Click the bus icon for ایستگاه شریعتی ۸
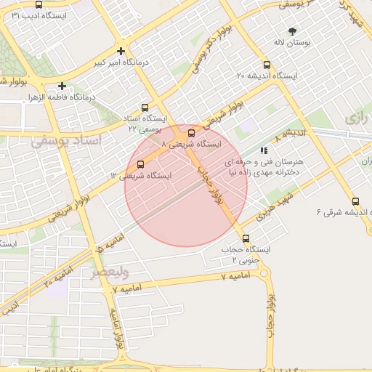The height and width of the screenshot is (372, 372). [191, 133]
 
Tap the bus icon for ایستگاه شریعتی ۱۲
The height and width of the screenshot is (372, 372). [140, 164]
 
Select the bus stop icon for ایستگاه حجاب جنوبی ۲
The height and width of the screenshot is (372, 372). [245, 238]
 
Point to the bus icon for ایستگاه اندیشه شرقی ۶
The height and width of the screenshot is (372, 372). [355, 201]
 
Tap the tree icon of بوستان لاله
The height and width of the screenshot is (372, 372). [292, 31]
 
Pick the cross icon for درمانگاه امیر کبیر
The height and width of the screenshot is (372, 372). [121, 50]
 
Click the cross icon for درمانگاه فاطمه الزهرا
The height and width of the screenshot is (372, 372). [62, 85]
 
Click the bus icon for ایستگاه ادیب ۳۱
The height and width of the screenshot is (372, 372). [38, 4]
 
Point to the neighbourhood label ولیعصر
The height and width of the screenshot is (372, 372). [109, 273]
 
